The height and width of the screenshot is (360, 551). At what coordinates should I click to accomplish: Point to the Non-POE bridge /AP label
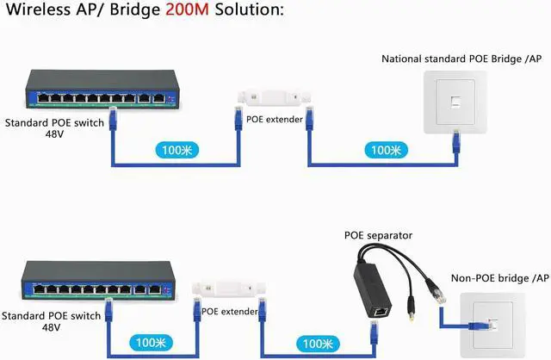499,277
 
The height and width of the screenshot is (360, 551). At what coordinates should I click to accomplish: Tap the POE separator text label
378,235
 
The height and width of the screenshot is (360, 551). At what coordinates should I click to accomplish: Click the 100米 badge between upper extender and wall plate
381,149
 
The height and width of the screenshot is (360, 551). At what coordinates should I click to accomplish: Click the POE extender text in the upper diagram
275,119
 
